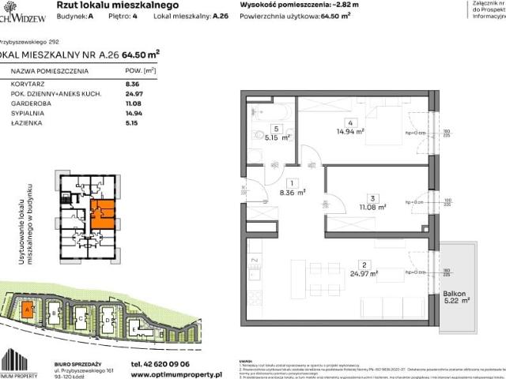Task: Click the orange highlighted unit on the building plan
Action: tap(102, 212)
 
